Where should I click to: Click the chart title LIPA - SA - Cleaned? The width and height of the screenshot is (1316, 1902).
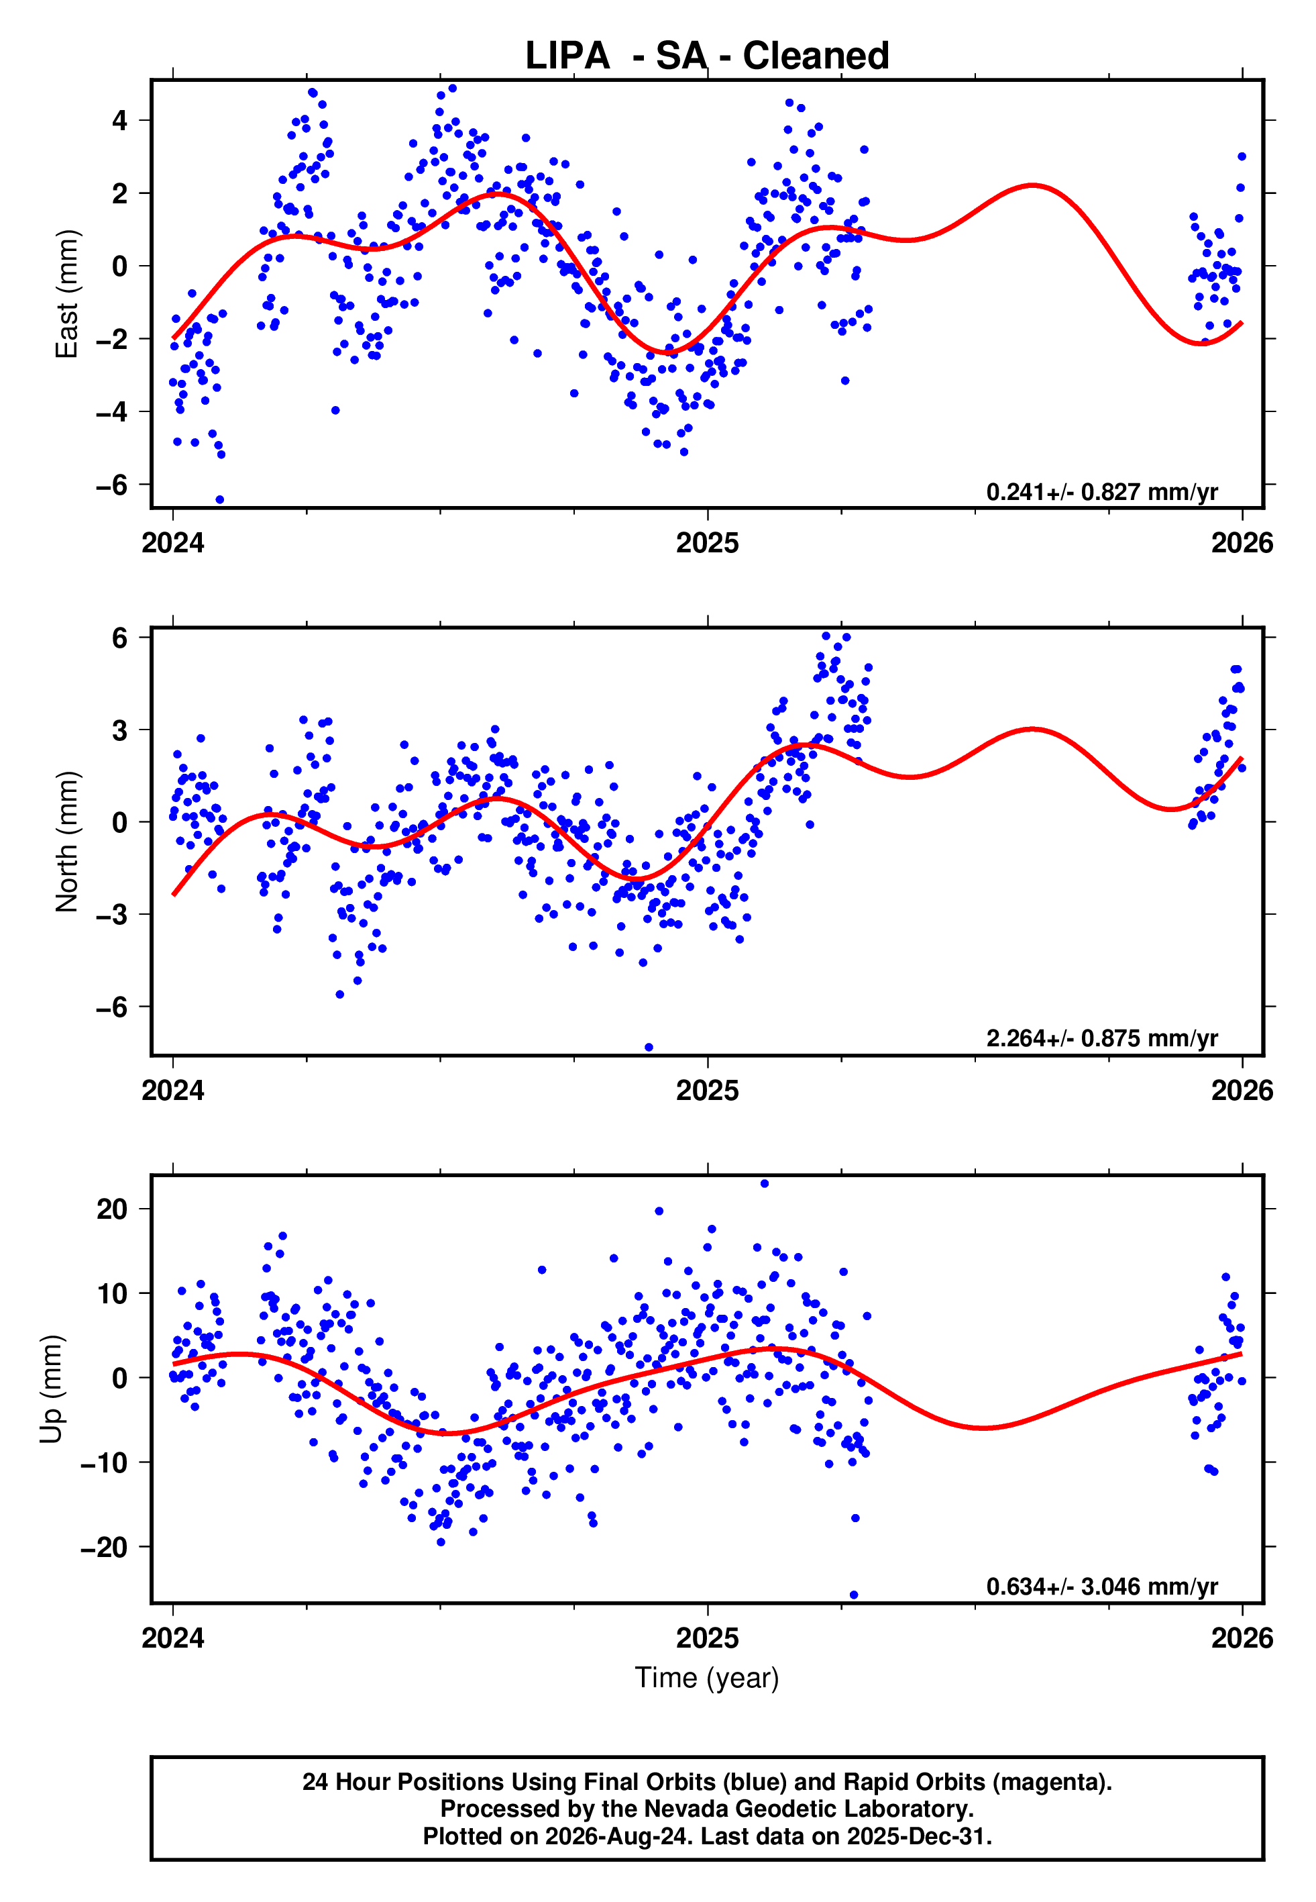pos(707,56)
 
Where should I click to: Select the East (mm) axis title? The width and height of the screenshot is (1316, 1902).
pos(67,294)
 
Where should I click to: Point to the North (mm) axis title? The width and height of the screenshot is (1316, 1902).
pos(67,842)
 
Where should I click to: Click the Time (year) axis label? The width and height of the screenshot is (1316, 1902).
pos(707,1678)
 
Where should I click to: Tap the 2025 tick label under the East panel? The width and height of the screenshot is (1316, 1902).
pos(708,543)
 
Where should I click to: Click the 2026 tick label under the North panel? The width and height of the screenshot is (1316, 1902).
pos(1242,1091)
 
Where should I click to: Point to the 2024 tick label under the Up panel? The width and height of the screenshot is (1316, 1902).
pos(173,1638)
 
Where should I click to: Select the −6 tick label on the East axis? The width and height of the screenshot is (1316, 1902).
pos(112,485)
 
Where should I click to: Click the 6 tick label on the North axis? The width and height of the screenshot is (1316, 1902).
pos(120,638)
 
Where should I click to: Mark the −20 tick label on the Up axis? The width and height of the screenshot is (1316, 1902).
pos(104,1546)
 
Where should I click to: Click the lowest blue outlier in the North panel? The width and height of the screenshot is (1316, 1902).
pos(649,1048)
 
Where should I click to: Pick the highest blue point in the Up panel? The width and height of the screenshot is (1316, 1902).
pos(765,1184)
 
